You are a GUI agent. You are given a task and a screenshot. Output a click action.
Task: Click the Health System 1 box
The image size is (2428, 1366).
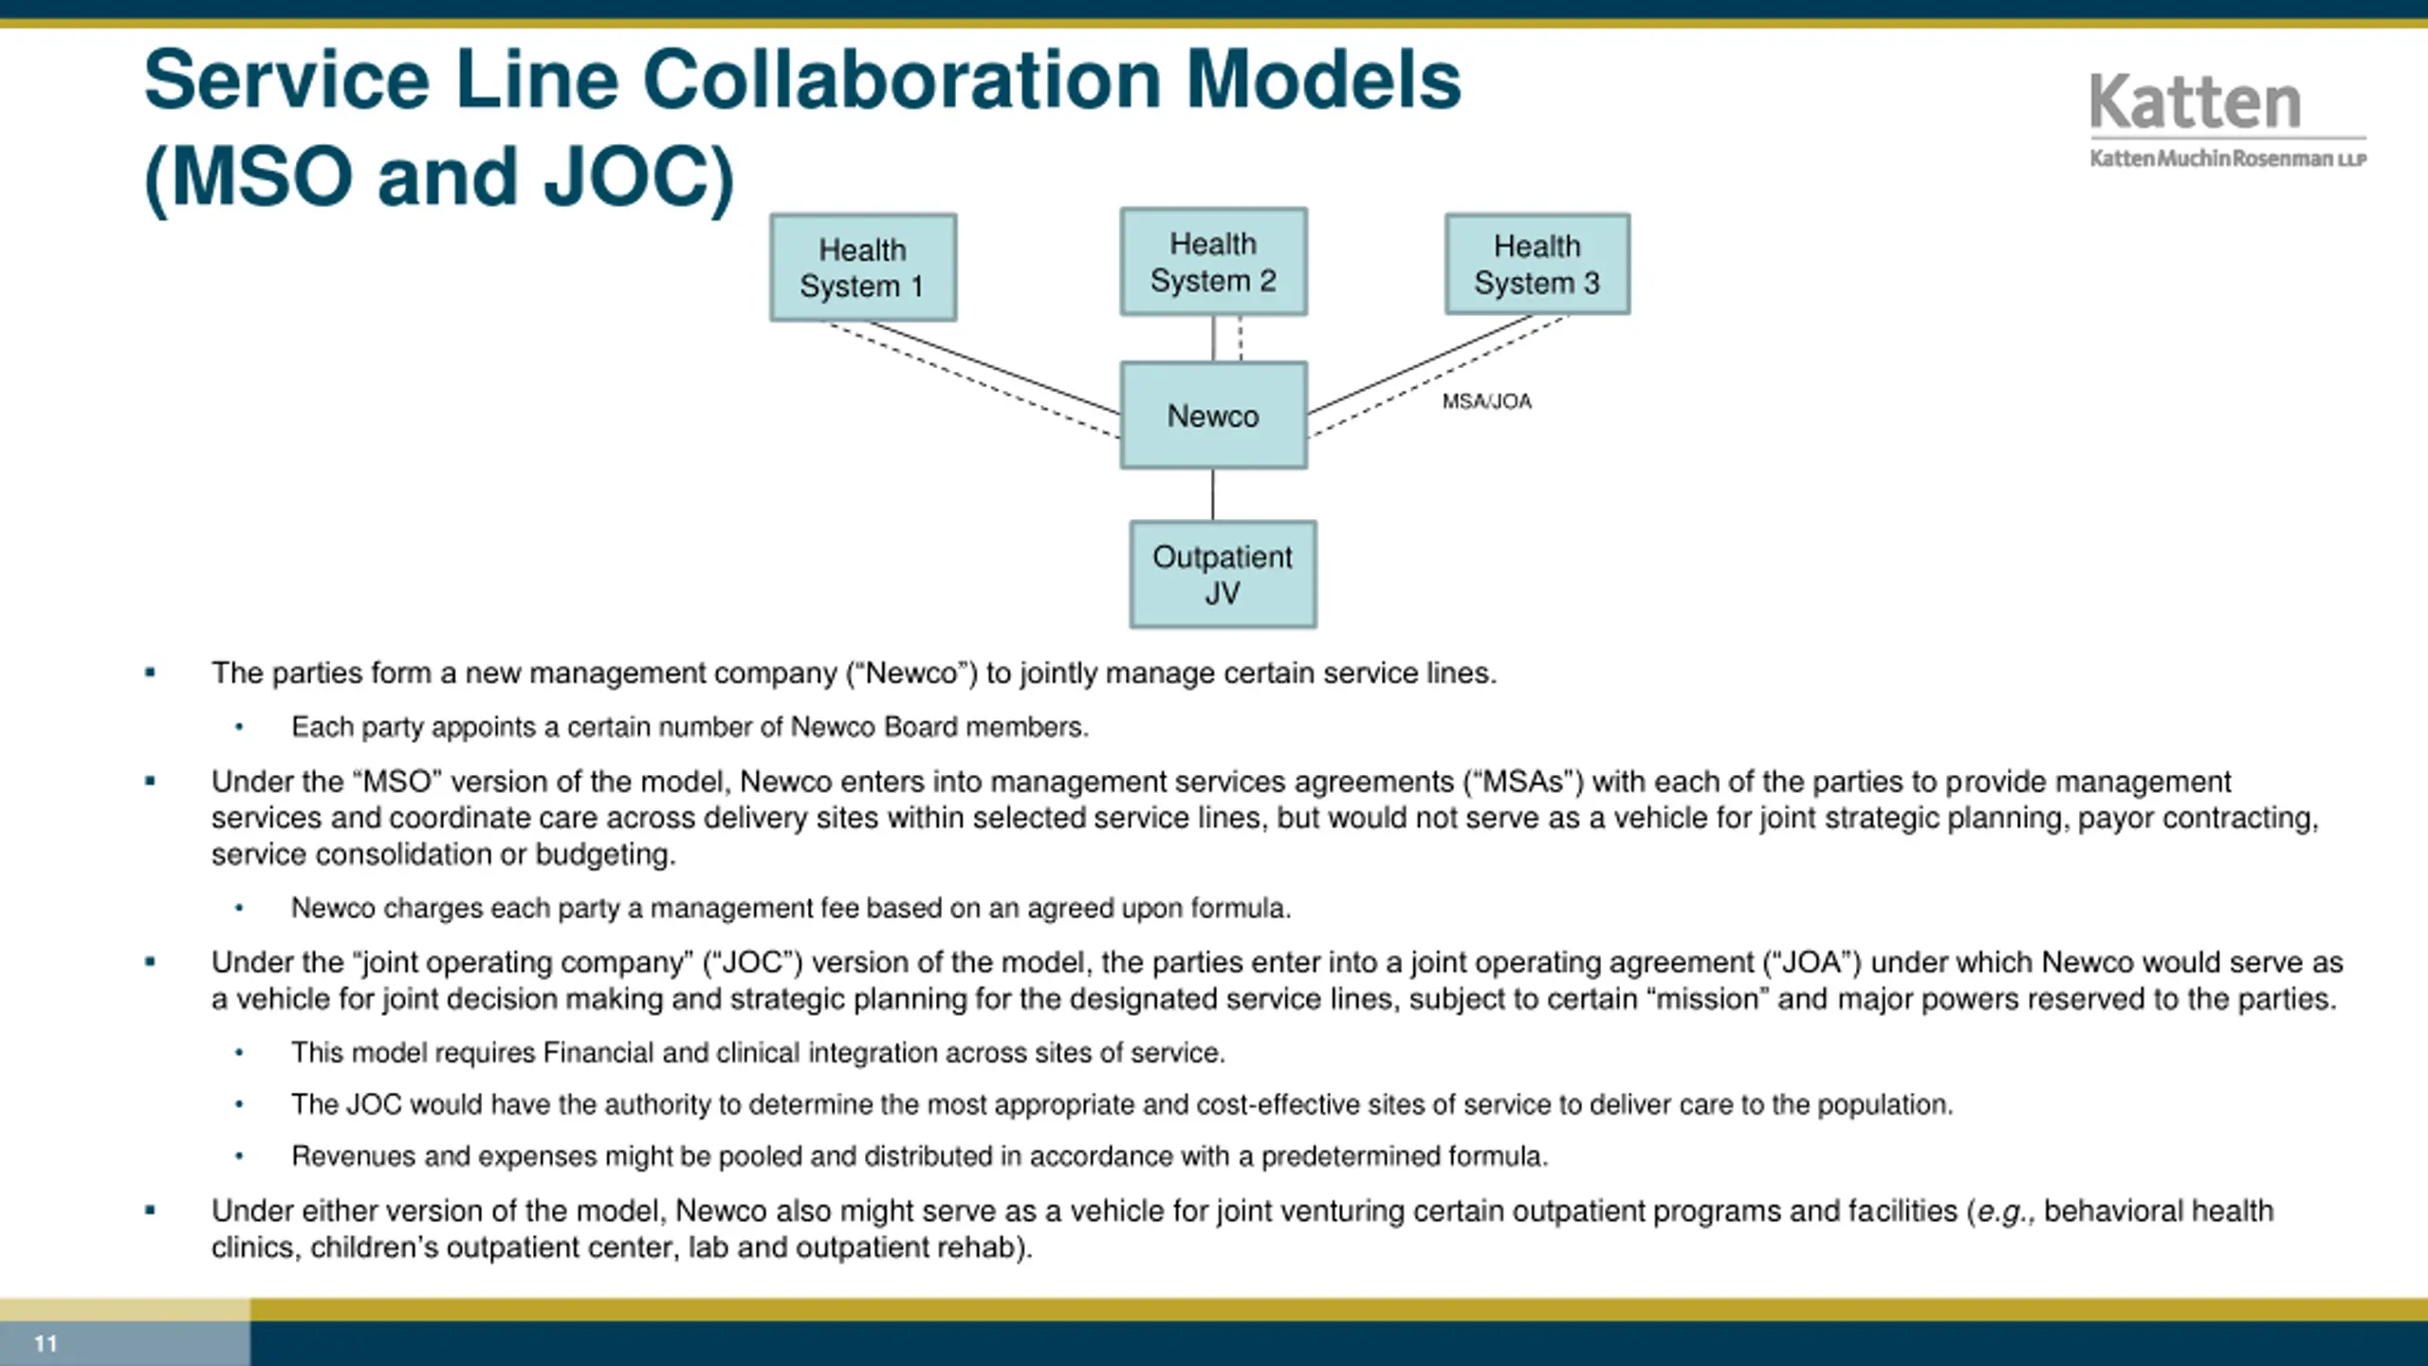click(x=862, y=268)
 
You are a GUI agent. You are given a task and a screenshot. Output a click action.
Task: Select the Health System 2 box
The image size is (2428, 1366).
click(x=1213, y=262)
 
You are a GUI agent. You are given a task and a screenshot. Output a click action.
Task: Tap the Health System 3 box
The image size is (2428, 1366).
click(x=1536, y=264)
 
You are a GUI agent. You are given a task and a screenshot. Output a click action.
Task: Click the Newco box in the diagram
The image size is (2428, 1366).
click(x=1213, y=415)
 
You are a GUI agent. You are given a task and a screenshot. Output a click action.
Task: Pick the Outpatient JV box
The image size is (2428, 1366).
click(x=1223, y=574)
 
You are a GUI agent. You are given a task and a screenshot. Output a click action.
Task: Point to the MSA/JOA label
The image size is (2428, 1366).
click(x=1486, y=401)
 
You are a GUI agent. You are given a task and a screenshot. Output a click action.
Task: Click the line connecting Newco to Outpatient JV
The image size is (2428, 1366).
click(x=1213, y=494)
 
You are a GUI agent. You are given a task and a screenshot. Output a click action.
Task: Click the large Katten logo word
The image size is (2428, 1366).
click(x=2195, y=102)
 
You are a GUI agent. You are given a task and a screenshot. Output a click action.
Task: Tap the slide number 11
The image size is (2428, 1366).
click(x=46, y=1343)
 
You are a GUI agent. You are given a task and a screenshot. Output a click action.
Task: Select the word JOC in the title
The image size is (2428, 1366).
click(x=630, y=177)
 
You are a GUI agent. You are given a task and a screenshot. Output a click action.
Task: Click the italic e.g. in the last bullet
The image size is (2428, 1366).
click(x=2004, y=1211)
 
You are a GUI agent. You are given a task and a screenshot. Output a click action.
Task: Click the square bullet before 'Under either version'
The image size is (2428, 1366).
click(x=150, y=1209)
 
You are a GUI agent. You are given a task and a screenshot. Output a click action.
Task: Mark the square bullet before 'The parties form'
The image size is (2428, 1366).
click(x=150, y=673)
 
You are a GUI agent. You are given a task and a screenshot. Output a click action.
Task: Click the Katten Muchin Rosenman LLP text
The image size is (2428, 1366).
click(x=2227, y=158)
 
